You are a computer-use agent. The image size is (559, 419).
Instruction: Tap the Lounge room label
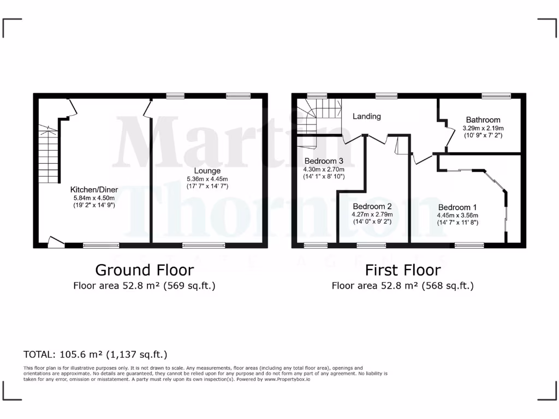click(x=207, y=171)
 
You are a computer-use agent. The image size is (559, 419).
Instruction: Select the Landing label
click(x=366, y=116)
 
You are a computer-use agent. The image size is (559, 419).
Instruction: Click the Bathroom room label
click(x=483, y=120)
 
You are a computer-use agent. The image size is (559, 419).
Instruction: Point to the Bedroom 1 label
click(x=457, y=207)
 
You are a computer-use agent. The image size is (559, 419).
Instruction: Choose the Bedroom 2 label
click(x=372, y=206)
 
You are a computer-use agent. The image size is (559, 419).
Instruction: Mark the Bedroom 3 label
click(x=324, y=161)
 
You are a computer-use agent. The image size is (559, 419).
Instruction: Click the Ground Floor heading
click(x=144, y=270)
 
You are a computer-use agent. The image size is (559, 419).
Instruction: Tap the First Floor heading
click(x=403, y=270)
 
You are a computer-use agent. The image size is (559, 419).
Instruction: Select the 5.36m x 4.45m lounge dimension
click(x=207, y=179)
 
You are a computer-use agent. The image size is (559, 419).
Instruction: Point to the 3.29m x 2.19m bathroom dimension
click(x=483, y=128)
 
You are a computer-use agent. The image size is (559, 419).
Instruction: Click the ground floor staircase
click(x=48, y=152)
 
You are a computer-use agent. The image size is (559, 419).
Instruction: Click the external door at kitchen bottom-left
click(x=56, y=243)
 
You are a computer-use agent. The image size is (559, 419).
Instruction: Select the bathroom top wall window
click(x=496, y=96)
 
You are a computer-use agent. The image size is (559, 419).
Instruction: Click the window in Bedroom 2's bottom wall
click(x=371, y=246)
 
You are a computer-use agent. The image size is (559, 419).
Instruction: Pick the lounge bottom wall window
click(x=203, y=246)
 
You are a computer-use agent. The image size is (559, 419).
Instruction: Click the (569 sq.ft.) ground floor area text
click(x=186, y=285)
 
